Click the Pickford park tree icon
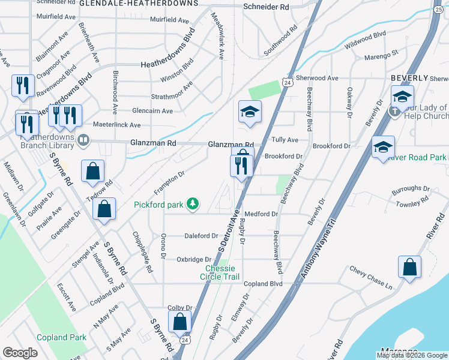[193, 205]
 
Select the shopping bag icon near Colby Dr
[180, 322]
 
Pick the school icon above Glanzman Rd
[249, 111]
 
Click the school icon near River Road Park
[383, 148]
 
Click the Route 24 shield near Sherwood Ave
[289, 83]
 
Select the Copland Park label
[61, 337]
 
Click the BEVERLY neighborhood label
[409, 78]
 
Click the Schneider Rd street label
[266, 7]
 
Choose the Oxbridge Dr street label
[193, 259]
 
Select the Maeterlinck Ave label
[116, 125]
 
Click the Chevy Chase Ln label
[371, 278]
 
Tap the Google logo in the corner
[20, 352]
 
